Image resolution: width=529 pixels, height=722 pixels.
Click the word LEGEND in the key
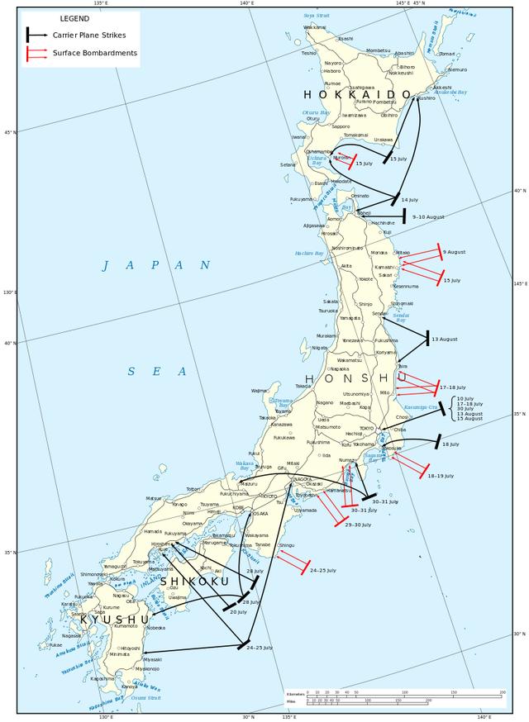point(74,18)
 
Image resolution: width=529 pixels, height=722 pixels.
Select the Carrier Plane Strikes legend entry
point(93,35)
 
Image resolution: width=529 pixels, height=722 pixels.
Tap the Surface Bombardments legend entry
point(94,53)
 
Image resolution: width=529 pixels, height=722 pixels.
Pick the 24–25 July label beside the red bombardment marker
point(322,570)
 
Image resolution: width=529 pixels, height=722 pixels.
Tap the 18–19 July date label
point(442,476)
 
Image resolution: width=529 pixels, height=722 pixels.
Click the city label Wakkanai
point(314,27)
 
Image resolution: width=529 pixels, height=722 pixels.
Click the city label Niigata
point(321,348)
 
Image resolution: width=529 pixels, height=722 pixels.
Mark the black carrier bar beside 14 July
point(397,198)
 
